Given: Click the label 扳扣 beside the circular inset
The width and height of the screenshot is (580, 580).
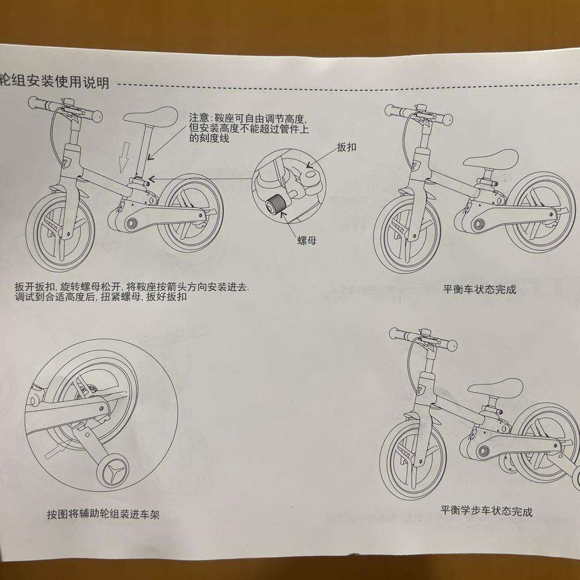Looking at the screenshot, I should click(346, 147).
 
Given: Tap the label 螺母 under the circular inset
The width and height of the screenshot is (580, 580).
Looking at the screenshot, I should click(307, 241).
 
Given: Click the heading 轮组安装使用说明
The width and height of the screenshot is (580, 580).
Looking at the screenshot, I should click(55, 82).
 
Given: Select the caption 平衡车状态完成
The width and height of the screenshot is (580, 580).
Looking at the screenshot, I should click(479, 290).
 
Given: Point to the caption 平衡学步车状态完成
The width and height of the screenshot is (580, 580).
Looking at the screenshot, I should click(487, 511).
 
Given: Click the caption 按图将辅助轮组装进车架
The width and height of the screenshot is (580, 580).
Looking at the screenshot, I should click(103, 514).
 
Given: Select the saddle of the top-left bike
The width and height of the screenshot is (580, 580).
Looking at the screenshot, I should click(151, 115).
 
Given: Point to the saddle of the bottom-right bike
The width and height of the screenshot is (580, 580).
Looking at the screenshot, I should click(494, 388).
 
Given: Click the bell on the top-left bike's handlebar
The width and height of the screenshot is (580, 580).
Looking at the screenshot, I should click(68, 104).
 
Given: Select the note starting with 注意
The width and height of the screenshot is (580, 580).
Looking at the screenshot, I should click(250, 128).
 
